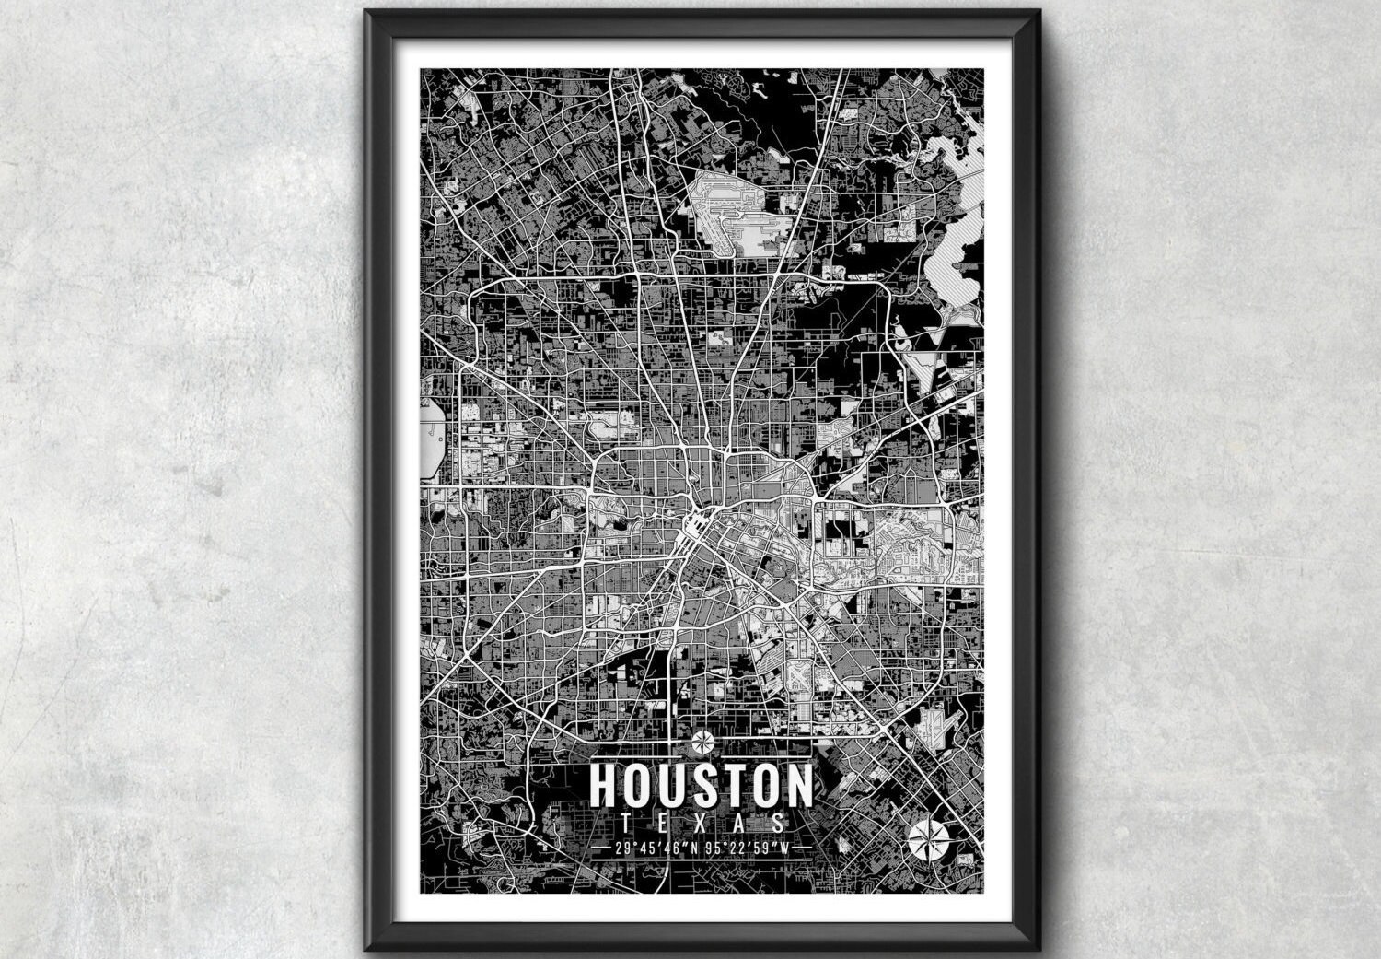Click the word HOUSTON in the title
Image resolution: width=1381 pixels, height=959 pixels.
[x=701, y=784]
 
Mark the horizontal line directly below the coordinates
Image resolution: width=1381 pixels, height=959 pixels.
[x=701, y=860]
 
